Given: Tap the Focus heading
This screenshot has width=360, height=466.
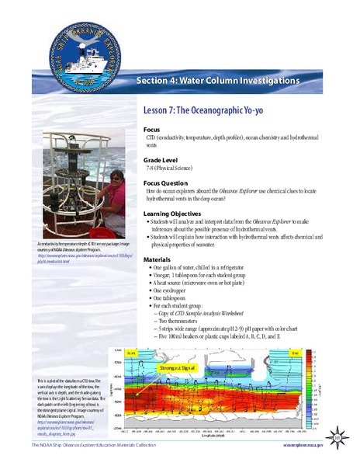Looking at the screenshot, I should (153, 130).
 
